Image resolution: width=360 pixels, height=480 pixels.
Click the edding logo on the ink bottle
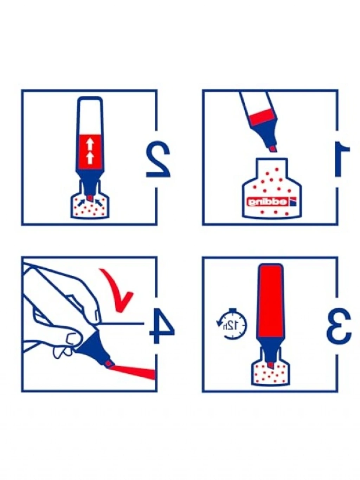(x=271, y=202)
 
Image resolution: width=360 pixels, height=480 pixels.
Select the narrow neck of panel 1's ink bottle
(x=271, y=167)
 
